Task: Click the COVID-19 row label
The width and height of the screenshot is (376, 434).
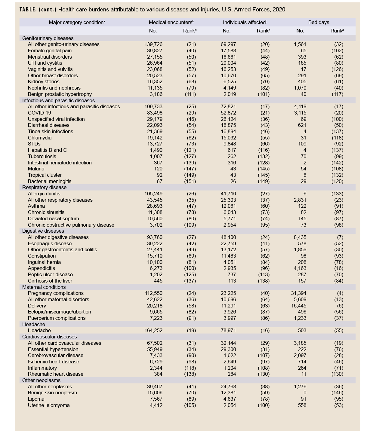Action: click(x=39, y=113)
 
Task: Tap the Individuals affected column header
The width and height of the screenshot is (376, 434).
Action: click(x=245, y=22)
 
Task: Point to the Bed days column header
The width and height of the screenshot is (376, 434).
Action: click(x=319, y=22)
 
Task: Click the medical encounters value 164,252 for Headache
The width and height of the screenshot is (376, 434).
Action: click(x=153, y=330)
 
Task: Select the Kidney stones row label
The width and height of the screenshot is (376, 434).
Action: click(x=44, y=81)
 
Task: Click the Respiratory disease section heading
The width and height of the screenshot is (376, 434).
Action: click(x=44, y=187)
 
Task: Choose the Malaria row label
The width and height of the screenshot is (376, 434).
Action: click(x=36, y=169)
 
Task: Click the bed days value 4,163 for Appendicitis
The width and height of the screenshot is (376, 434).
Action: click(x=300, y=268)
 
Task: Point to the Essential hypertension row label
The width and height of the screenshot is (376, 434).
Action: click(x=53, y=349)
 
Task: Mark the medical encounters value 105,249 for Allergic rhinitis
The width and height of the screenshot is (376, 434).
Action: click(x=153, y=194)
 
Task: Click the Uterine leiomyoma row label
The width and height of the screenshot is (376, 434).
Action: click(x=49, y=405)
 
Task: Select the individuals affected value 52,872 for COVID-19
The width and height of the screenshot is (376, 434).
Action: click(x=228, y=113)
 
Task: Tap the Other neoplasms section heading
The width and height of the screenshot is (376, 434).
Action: click(x=41, y=380)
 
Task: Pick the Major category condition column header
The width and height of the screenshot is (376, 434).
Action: click(x=77, y=22)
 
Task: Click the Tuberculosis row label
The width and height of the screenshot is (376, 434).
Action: click(x=42, y=156)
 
